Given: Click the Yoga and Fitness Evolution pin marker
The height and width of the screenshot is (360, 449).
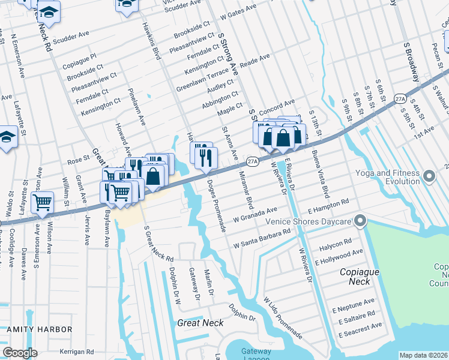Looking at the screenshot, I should (429, 176).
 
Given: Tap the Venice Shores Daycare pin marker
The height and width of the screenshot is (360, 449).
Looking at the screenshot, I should (360, 221).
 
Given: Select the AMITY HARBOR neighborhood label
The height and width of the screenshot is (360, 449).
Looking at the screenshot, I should (39, 329).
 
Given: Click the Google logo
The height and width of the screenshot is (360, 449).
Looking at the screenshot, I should (20, 353).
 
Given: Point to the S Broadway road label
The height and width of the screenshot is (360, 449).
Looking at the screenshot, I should (411, 63).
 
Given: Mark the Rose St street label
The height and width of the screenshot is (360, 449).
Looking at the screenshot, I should (78, 160).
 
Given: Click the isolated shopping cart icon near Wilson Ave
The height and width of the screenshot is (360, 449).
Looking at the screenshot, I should (43, 204).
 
